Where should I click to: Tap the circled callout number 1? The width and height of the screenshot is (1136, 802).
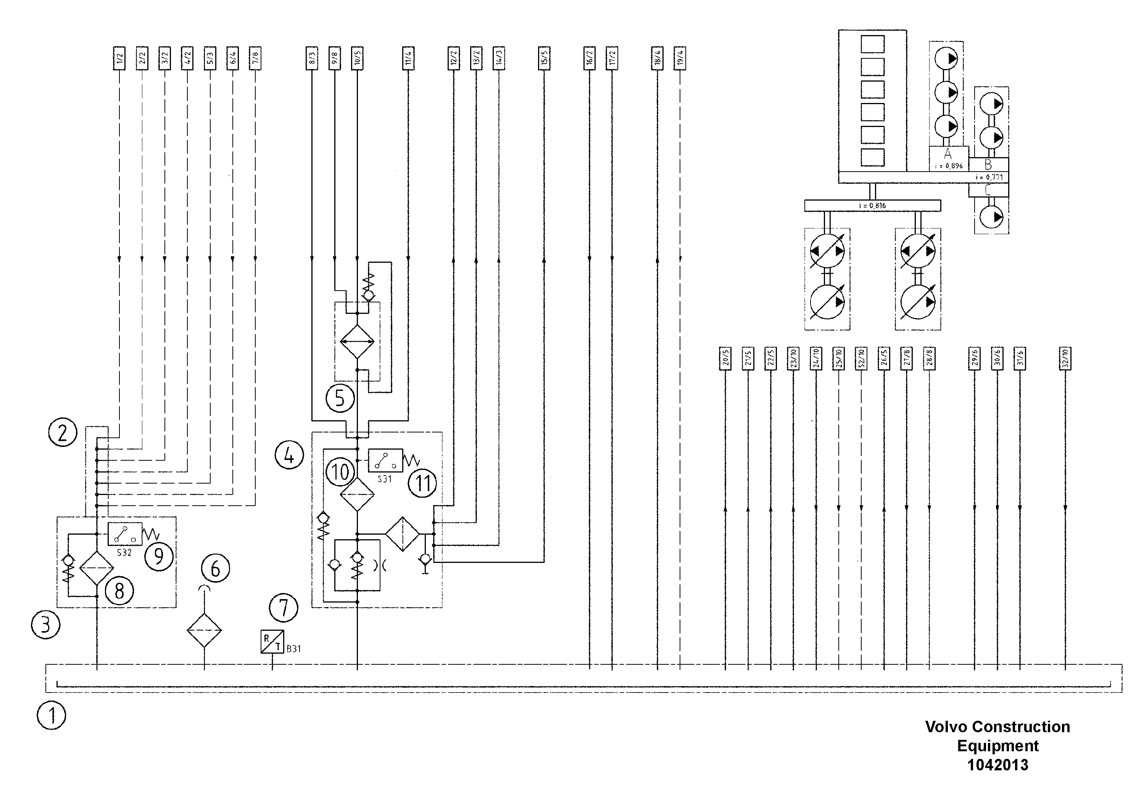coord(52,715)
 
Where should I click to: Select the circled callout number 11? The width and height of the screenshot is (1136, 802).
coord(422,483)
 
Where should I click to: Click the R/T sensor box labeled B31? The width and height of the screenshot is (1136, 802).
coord(272,641)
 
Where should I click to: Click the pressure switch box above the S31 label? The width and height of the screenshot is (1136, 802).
coord(385,460)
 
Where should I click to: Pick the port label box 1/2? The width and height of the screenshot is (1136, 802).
coord(119,59)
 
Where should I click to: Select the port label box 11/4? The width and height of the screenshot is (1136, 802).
coord(408,59)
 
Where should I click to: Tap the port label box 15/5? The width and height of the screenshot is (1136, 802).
coord(544,59)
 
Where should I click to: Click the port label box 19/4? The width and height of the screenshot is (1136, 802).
coord(680,59)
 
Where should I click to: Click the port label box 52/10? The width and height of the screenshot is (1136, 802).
coord(861,358)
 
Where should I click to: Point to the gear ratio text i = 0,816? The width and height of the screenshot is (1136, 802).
coord(872,206)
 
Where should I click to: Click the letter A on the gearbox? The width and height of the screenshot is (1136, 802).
coord(947,154)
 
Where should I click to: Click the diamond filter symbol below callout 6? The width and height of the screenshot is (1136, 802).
coord(204,630)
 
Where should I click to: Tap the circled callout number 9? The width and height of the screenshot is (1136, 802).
coord(158,556)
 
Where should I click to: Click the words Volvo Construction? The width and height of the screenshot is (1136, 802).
coord(997,726)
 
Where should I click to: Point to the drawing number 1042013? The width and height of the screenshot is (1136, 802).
coord(997,765)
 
